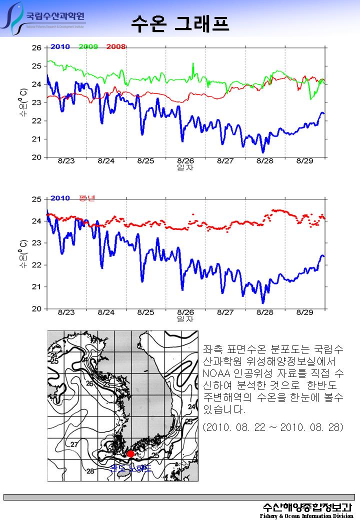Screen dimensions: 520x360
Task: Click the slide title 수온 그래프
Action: [x=180, y=22]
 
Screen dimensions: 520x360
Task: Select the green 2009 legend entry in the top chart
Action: [x=88, y=47]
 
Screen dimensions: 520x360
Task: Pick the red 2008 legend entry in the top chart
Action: [x=115, y=47]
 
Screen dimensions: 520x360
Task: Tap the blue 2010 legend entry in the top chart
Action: [x=60, y=47]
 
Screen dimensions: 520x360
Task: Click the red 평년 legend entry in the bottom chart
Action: [x=87, y=198]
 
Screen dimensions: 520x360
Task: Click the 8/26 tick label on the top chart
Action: [x=185, y=161]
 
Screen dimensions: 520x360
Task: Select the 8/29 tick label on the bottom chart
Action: [x=305, y=312]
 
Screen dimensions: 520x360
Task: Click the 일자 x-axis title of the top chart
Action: [x=185, y=167]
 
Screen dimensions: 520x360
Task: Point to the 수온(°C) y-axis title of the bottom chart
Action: [x=23, y=253]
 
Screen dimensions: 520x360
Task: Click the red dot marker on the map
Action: [x=130, y=453]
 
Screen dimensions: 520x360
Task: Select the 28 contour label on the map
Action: [x=90, y=471]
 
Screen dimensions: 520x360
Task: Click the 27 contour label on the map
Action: [x=74, y=444]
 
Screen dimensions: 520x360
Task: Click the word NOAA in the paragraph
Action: [x=216, y=372]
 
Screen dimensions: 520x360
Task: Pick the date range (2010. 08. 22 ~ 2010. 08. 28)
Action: [x=273, y=428]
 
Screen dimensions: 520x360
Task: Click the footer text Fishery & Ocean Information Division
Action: [x=306, y=515]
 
